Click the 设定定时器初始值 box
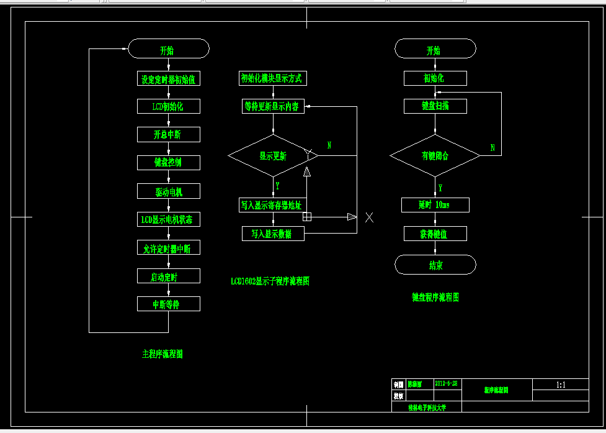coord(169,79)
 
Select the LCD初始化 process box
coord(169,106)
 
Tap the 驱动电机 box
coord(169,191)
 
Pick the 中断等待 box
coord(169,304)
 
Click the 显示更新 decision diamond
coord(273,155)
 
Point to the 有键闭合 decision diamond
coord(435,155)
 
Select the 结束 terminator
coord(435,265)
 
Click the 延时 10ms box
coord(435,204)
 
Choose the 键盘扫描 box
coord(435,106)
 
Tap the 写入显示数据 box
coord(273,233)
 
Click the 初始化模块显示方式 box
coord(273,78)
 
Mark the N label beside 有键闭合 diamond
coord(492,148)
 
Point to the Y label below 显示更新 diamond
coord(277,185)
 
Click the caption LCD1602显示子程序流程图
coord(270,281)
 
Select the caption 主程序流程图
coord(163,354)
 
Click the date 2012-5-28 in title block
coord(447,384)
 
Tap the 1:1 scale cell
coord(561,385)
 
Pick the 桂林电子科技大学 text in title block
coord(427,408)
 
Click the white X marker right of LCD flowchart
coord(369,217)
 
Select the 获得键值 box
coord(435,234)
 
